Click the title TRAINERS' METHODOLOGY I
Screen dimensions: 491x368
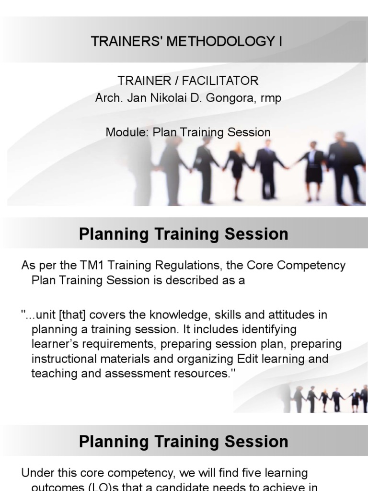[186, 42]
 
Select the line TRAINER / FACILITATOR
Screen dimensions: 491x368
[188, 81]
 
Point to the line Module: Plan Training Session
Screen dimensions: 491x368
[188, 132]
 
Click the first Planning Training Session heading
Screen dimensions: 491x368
[184, 234]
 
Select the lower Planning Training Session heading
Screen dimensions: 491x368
[184, 441]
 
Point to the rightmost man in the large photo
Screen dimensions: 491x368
[345, 165]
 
